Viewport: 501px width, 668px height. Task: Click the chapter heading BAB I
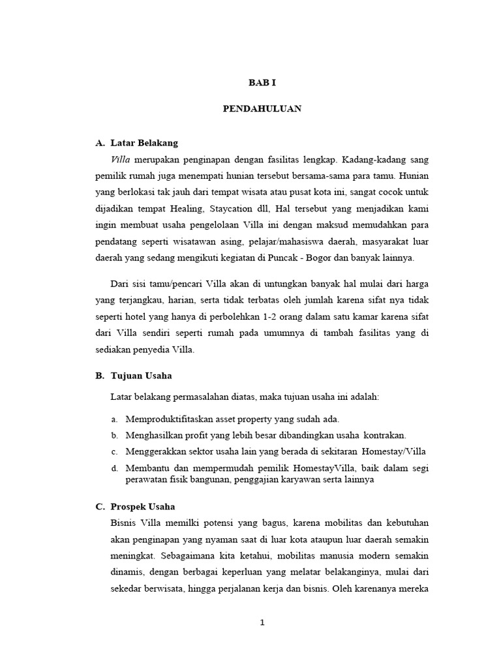click(262, 83)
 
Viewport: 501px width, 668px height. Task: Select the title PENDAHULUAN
click(262, 109)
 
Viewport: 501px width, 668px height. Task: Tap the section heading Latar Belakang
click(144, 142)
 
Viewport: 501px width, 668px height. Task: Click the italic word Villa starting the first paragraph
click(121, 159)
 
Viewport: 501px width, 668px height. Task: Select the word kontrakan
click(384, 434)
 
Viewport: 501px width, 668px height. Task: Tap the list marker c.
click(114, 451)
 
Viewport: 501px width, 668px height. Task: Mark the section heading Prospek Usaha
click(143, 506)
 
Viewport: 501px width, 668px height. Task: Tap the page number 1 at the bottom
click(262, 622)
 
